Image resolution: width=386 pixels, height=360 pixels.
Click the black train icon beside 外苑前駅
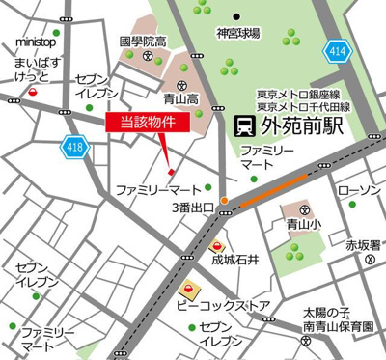[245, 125]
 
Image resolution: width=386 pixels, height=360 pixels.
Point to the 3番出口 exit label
[193, 207]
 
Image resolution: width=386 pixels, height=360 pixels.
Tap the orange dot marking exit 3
[225, 201]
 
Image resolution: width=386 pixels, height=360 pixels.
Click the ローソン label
[363, 190]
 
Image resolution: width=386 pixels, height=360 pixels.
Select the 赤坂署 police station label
[366, 245]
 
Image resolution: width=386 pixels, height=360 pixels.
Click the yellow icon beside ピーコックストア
[192, 287]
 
